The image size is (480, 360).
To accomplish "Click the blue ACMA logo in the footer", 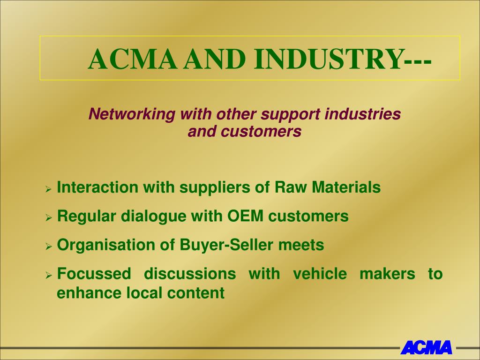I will tap(427, 347).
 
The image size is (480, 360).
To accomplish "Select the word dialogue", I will tap(153, 217).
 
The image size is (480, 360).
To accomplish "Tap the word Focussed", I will tap(94, 274).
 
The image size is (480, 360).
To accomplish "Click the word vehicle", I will tap(320, 274).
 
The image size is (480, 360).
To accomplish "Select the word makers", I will tap(387, 274).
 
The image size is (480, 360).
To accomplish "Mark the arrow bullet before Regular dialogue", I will tap(48, 217).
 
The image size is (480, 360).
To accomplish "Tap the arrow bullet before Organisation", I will tap(48, 246).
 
